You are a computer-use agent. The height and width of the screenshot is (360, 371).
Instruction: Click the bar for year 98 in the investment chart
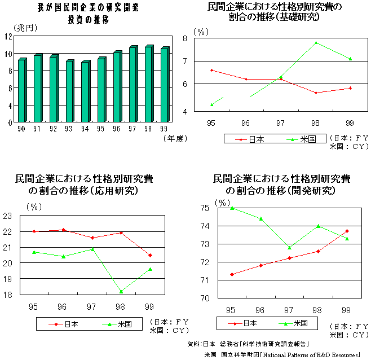tap(148, 85)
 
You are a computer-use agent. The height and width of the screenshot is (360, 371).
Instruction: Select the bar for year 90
tap(21, 91)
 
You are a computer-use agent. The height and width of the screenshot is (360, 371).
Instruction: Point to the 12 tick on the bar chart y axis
tap(7, 36)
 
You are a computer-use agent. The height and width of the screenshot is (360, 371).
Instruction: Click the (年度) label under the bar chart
tap(175, 138)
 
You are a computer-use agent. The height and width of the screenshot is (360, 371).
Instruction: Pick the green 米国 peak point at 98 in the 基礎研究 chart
tap(316, 43)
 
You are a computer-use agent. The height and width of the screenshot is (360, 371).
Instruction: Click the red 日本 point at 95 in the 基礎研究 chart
tap(211, 70)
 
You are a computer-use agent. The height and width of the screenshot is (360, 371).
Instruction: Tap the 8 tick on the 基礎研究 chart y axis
tap(200, 38)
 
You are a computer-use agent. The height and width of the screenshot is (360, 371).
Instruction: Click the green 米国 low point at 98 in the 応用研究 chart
tap(121, 291)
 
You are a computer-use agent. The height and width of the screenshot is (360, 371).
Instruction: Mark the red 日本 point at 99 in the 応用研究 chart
tap(149, 255)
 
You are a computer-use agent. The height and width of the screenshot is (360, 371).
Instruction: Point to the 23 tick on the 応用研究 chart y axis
tap(7, 216)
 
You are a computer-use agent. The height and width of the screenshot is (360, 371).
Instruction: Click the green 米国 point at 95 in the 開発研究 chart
tap(231, 208)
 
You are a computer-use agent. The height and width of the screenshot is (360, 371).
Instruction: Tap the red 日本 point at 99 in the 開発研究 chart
tap(346, 231)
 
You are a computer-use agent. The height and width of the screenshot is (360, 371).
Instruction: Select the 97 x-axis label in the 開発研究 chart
tap(288, 310)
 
